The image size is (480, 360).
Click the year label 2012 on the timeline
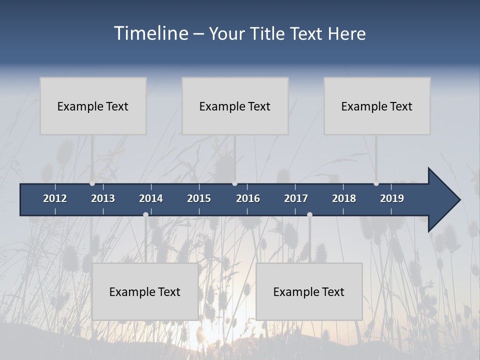pos(55,198)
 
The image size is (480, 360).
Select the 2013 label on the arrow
pos(103,198)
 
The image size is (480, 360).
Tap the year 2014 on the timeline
pos(151,198)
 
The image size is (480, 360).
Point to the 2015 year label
pos(199,198)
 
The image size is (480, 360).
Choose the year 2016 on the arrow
pos(248,198)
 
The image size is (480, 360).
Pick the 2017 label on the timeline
pos(296,198)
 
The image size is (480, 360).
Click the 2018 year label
pos(344,198)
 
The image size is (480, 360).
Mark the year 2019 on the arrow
pos(392,198)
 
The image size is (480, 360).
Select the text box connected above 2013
pos(93,106)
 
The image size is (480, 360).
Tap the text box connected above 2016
pos(235,106)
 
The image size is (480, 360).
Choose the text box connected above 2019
pos(377,106)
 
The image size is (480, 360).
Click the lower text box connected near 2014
pos(145,291)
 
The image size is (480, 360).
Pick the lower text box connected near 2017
pos(309,291)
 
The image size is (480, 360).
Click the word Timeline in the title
pos(151,33)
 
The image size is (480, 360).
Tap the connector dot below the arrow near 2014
pos(145,214)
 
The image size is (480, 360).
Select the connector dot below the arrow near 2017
pos(309,214)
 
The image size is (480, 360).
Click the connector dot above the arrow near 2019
pos(376,183)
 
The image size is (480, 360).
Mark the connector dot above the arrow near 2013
pos(92,183)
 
